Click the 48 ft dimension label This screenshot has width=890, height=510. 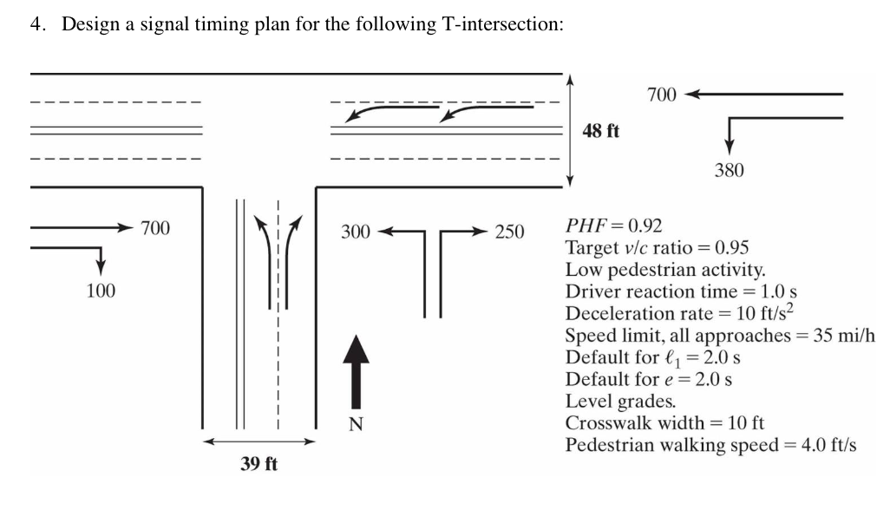point(602,131)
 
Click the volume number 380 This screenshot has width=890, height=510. point(729,171)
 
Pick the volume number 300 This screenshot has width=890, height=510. point(356,232)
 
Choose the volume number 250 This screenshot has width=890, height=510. point(510,232)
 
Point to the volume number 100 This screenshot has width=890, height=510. point(101,291)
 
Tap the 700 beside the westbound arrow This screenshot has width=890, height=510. point(662,95)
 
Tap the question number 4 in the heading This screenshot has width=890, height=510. point(35,23)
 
